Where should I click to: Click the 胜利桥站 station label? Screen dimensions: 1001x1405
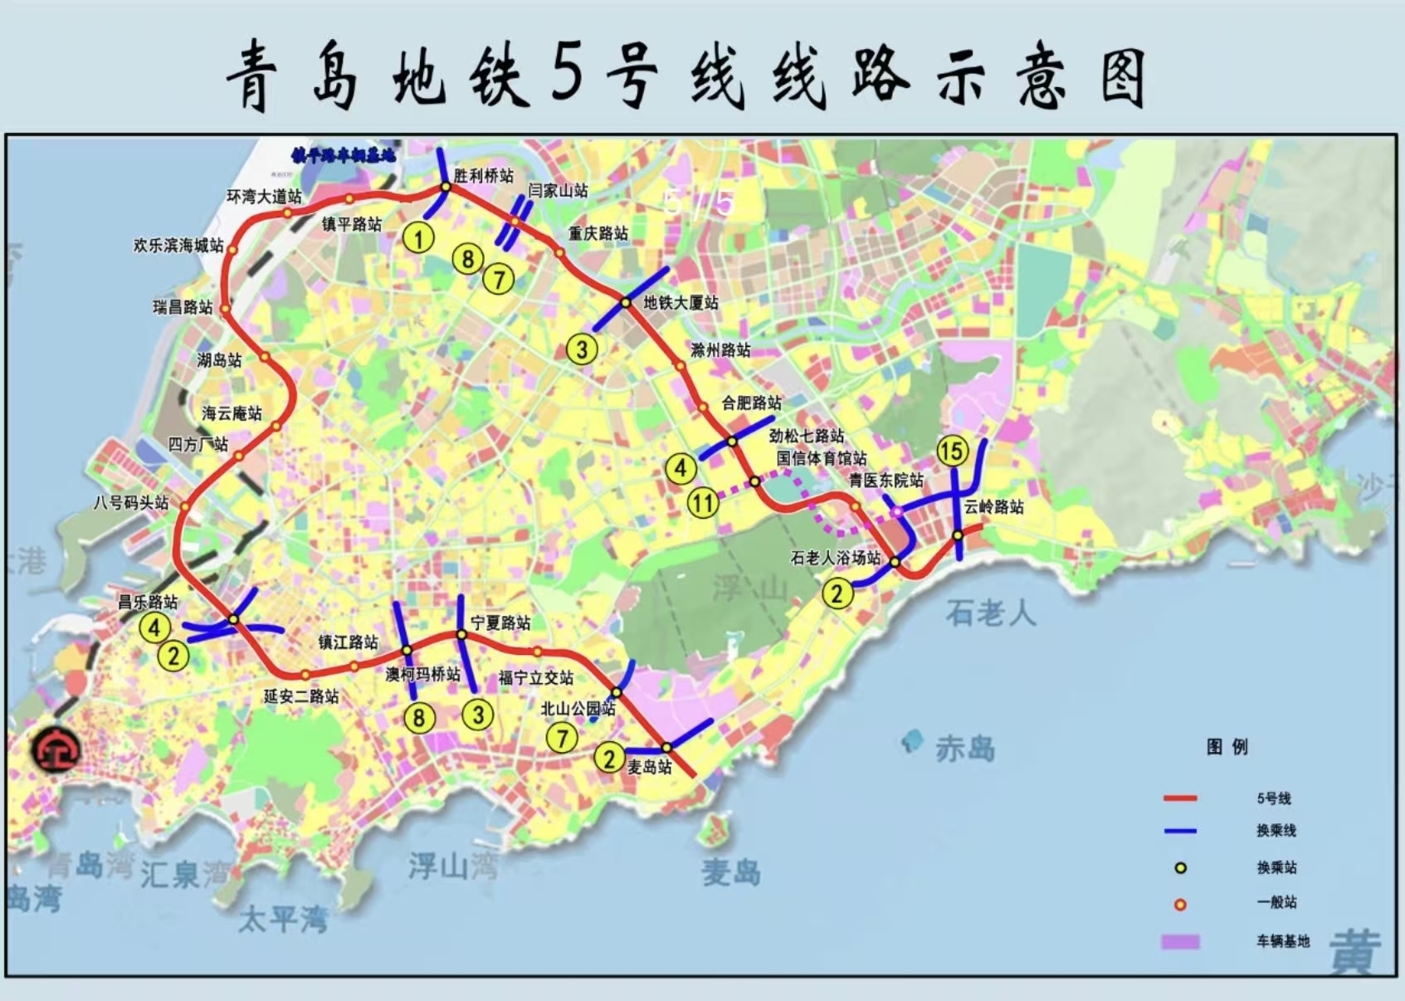(483, 175)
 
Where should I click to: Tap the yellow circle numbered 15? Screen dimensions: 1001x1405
(951, 451)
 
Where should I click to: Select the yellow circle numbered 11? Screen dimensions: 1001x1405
(703, 502)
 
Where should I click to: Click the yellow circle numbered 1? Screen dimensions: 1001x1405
(418, 238)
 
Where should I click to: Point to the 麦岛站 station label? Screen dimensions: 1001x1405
(650, 767)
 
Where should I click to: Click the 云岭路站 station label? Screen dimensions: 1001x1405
(993, 506)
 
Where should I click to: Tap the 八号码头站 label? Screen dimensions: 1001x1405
(130, 502)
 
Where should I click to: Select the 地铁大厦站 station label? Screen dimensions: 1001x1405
(681, 302)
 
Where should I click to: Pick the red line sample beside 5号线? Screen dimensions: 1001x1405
(1179, 798)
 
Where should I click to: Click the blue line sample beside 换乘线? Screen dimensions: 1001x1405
(1179, 830)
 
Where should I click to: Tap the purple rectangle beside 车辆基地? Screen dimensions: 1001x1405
(1179, 941)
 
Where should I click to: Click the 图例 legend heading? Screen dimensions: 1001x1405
(1227, 746)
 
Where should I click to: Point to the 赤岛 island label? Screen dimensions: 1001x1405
(964, 748)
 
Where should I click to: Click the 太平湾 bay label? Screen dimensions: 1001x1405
(283, 918)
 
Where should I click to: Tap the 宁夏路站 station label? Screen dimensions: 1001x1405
(500, 623)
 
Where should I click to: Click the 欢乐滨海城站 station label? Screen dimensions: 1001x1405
(178, 245)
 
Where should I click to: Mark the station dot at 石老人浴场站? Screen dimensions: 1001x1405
(895, 562)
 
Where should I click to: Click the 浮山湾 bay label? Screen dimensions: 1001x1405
(452, 866)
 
